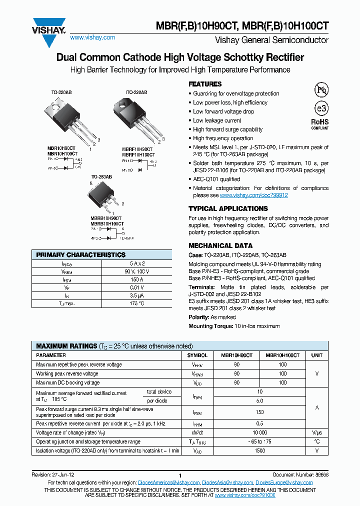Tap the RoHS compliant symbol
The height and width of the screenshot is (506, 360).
320,123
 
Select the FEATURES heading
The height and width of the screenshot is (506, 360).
205,84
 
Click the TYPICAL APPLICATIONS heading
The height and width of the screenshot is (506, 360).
228,208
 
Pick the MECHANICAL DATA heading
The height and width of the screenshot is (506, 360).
220,245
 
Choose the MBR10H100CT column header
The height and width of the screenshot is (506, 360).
282,355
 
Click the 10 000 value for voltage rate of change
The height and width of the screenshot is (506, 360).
259,432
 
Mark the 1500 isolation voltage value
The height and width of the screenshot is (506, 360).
259,450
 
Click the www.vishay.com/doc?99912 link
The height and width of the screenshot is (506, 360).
254,195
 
